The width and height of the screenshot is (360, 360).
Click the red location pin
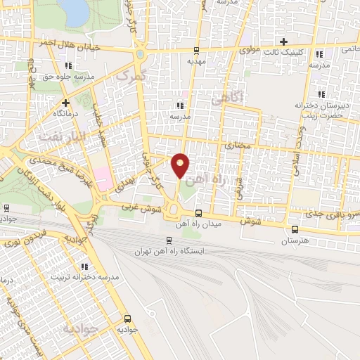click(x=181, y=164)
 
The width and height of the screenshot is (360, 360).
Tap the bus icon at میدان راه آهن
click(x=198, y=214)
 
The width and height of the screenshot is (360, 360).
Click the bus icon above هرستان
click(x=294, y=229)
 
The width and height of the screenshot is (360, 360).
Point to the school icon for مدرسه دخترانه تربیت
click(x=84, y=267)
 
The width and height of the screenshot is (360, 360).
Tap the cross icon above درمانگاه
click(x=65, y=102)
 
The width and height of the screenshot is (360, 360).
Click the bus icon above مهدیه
click(x=197, y=50)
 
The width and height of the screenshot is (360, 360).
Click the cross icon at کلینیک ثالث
click(x=283, y=41)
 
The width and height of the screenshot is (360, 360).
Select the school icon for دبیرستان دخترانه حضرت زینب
click(x=321, y=94)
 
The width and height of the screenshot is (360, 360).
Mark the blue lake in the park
click(x=74, y=8)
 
